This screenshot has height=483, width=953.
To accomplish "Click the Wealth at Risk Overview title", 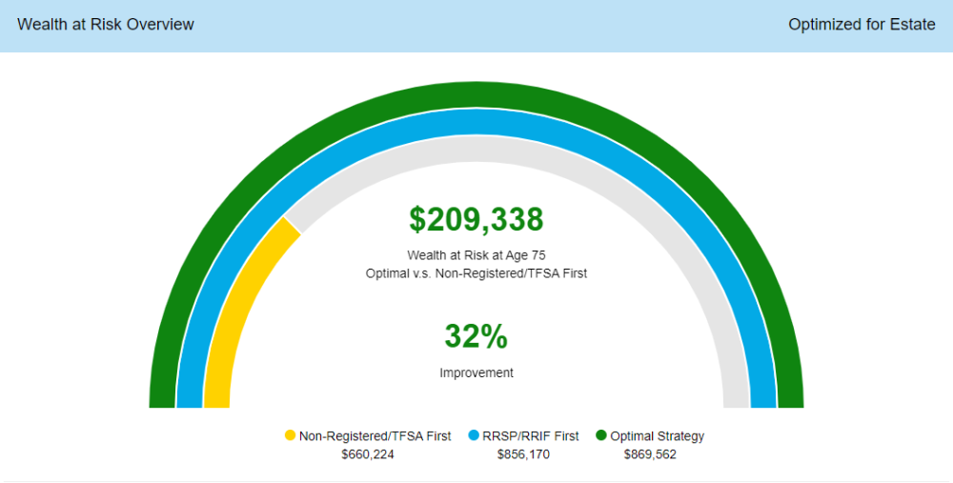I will (106, 25).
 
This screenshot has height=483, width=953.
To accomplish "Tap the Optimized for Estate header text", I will (862, 25).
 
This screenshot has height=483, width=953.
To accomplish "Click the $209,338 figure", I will (476, 220).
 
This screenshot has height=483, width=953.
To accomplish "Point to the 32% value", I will (476, 336).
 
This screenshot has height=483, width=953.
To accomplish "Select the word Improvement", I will (476, 373).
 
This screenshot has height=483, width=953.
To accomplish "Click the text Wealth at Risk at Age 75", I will (476, 255).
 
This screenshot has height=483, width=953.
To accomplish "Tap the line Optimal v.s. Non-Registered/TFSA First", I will (476, 273).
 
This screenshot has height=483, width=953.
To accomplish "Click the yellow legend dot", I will (291, 436).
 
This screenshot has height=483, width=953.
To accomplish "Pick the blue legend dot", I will (473, 436).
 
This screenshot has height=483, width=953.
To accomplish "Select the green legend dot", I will (601, 436).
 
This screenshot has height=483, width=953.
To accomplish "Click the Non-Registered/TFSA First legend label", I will (375, 436).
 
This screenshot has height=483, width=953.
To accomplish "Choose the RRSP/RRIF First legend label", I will (531, 436).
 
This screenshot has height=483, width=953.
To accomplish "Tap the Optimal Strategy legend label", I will (658, 436).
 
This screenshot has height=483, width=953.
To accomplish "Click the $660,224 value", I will (368, 454).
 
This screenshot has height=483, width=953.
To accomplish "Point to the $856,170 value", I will (523, 454).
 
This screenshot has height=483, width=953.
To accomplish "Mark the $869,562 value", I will (650, 454).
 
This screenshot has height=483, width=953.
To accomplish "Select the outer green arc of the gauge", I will (476, 94).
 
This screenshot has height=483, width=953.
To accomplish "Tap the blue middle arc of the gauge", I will (476, 122).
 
